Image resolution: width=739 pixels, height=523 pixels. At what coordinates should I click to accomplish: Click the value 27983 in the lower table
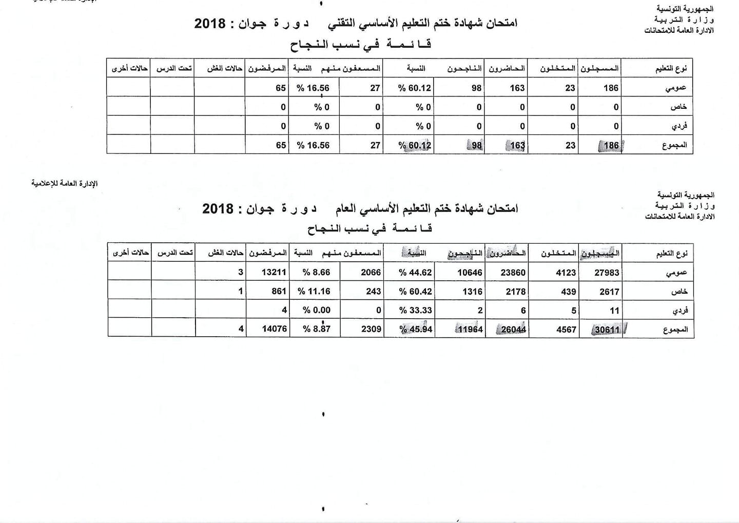click(x=607, y=273)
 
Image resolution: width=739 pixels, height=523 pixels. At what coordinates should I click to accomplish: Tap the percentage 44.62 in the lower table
click(x=416, y=273)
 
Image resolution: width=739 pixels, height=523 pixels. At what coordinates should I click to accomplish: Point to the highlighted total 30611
click(x=607, y=330)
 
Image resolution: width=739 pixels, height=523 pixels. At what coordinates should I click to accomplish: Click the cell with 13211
click(x=274, y=272)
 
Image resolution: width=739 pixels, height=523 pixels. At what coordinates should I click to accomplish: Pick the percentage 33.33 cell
click(x=416, y=310)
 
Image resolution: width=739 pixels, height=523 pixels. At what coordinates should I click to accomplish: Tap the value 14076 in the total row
click(x=275, y=328)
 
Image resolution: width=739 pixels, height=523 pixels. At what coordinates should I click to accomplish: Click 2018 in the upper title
click(x=210, y=23)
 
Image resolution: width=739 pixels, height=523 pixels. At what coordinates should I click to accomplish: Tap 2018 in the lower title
click(x=218, y=209)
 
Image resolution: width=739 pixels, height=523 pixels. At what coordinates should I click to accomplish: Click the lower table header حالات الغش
click(x=225, y=253)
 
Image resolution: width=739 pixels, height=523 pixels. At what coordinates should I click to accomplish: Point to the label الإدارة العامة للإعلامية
click(x=64, y=184)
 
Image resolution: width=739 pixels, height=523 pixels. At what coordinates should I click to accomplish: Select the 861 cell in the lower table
click(x=279, y=291)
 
